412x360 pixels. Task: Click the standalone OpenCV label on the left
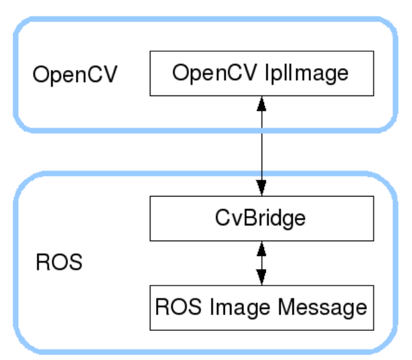pos(76,75)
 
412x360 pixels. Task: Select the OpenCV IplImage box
pos(261,73)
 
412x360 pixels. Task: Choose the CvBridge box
pos(261,219)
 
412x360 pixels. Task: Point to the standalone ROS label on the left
pos(59,262)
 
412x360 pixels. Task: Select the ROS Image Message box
pos(261,308)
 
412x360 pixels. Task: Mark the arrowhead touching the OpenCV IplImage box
pos(261,103)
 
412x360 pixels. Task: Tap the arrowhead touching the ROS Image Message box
pos(261,278)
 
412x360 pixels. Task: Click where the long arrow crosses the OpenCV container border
pos(261,130)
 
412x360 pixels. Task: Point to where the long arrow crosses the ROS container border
pos(261,172)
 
